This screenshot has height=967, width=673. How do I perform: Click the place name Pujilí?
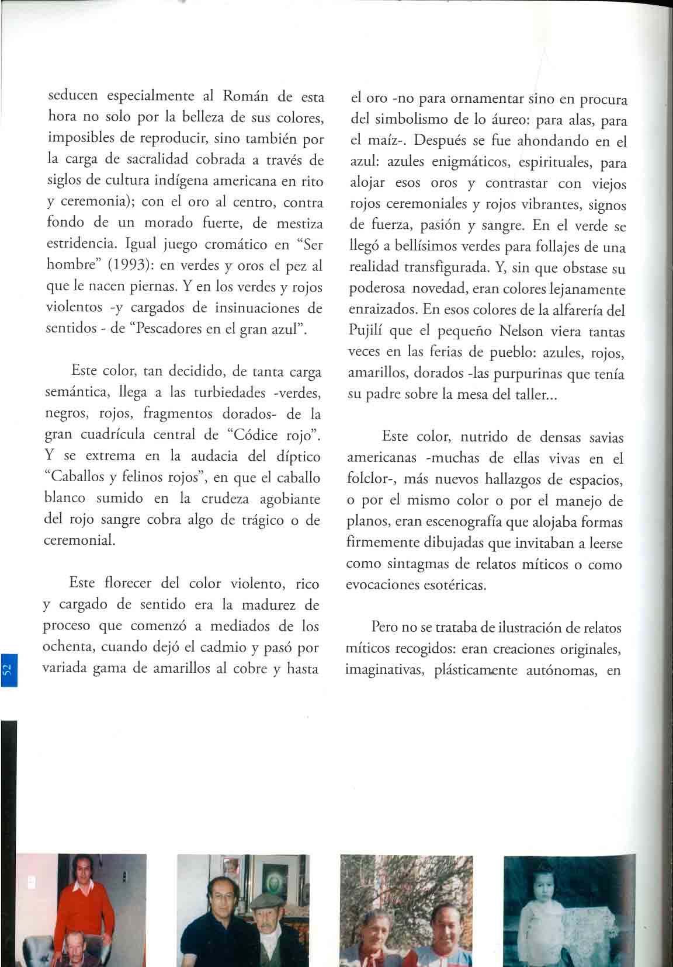click(x=366, y=332)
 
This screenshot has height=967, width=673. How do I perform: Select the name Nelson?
click(x=523, y=331)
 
